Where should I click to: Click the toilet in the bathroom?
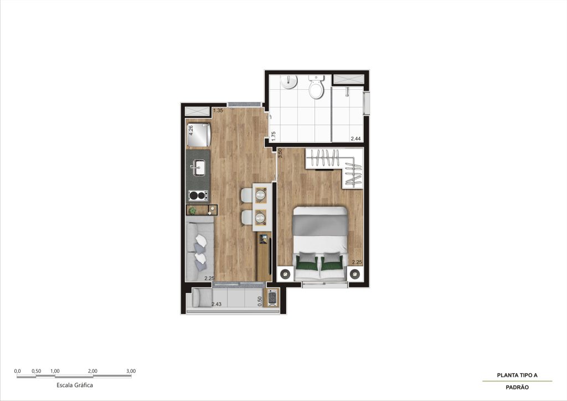click(x=316, y=87)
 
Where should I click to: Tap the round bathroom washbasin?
click(x=289, y=82)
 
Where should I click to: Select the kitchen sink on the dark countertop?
click(x=198, y=168)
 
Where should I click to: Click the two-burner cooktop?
click(x=198, y=196)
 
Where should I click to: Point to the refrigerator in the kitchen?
click(x=198, y=135)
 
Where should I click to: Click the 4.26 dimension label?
click(x=191, y=130)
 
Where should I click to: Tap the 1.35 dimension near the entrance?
click(x=218, y=111)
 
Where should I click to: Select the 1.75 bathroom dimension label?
click(x=274, y=136)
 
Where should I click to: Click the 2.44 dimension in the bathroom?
click(x=355, y=138)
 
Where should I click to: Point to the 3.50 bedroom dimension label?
click(x=280, y=153)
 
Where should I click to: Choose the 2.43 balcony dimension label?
click(x=217, y=304)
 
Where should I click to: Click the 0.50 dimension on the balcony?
click(x=260, y=301)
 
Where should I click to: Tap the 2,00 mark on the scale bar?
click(x=92, y=371)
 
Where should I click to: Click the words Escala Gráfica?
click(x=75, y=385)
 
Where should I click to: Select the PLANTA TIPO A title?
click(x=517, y=376)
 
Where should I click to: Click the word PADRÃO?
click(x=517, y=387)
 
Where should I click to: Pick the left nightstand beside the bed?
click(x=285, y=274)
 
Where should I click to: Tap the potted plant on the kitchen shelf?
click(x=192, y=210)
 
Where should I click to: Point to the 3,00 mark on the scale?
click(x=131, y=371)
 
